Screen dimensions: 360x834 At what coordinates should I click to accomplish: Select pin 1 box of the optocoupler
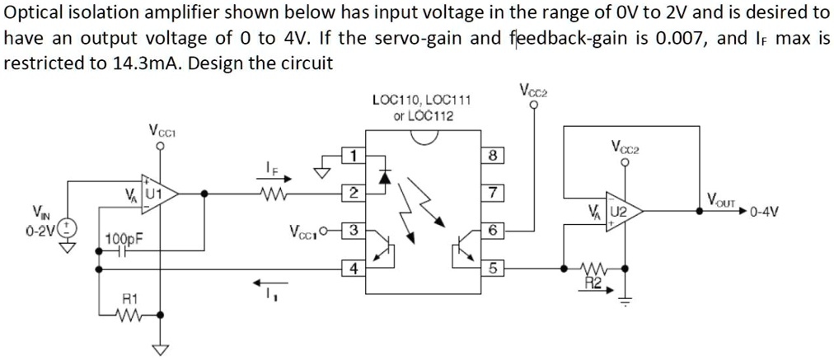pyautogui.click(x=352, y=155)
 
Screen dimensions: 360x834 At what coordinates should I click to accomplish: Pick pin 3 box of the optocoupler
pyautogui.click(x=352, y=230)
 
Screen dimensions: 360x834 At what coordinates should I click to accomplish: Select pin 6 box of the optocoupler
pyautogui.click(x=492, y=230)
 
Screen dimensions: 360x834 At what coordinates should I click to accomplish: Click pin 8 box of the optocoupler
pyautogui.click(x=492, y=155)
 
